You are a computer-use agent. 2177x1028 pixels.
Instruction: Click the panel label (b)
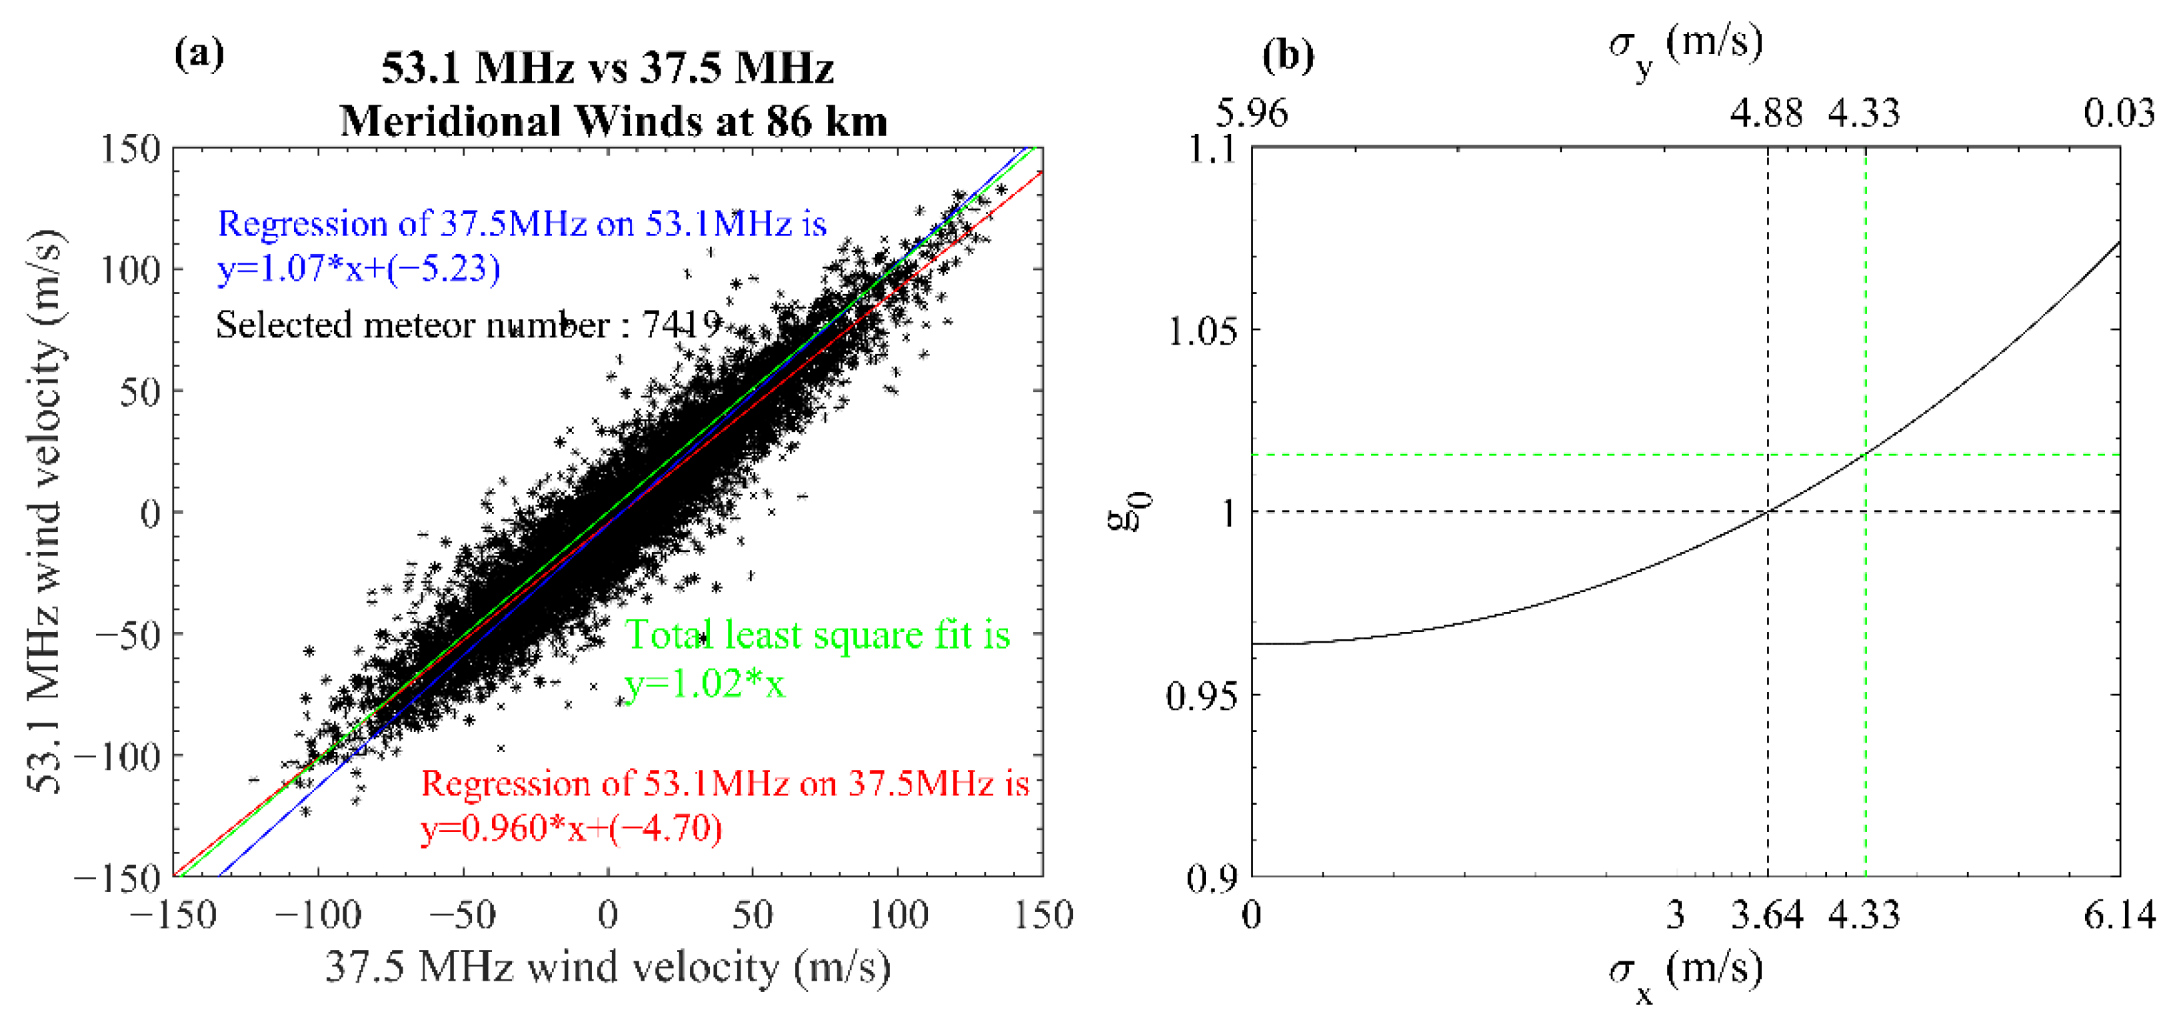(1288, 56)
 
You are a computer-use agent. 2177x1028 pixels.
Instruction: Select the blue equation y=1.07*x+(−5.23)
(359, 269)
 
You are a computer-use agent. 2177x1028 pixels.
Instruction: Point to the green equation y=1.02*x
(705, 683)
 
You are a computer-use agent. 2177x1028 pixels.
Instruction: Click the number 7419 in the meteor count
(681, 324)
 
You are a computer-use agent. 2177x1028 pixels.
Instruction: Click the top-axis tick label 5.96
(1252, 113)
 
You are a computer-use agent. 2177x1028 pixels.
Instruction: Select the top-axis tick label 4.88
(1766, 113)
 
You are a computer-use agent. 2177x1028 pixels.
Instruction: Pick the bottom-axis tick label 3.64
(1766, 915)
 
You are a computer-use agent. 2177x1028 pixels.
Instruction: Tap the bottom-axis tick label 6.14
(2119, 915)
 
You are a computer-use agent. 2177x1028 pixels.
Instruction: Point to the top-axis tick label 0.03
(2119, 113)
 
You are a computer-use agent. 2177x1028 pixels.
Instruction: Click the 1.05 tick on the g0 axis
(1200, 331)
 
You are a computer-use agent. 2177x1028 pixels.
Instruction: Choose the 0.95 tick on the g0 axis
(1200, 696)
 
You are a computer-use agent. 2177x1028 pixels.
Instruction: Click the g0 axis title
(1128, 511)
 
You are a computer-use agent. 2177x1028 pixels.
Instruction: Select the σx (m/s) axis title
(1685, 972)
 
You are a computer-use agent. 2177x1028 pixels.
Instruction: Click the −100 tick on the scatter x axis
(318, 915)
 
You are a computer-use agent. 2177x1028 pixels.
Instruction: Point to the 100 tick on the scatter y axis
(129, 271)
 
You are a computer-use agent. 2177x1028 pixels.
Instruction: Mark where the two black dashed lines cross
(1768, 511)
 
